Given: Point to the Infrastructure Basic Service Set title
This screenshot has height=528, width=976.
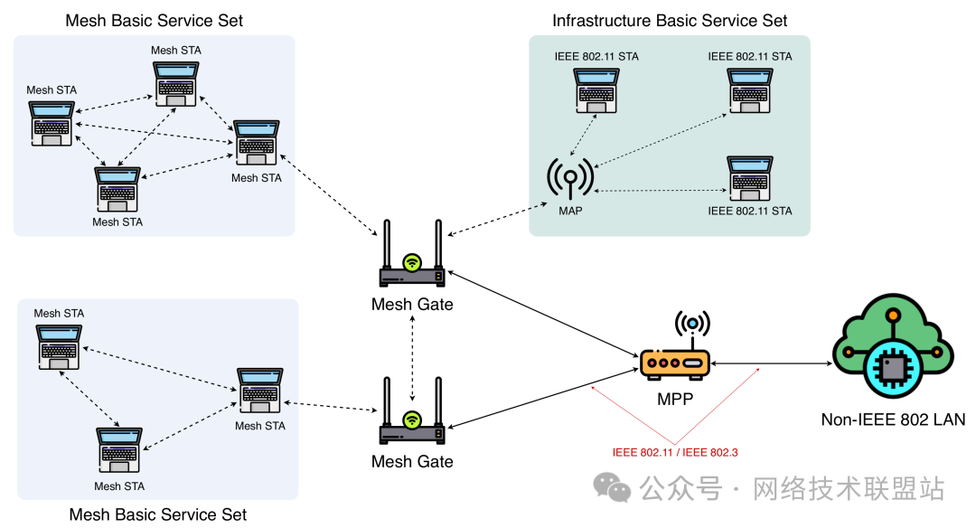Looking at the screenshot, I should coord(670,21).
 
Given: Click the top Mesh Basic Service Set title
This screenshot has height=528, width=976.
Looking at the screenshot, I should coord(155,21).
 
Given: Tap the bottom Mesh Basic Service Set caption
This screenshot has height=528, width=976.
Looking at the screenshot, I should coord(158,514).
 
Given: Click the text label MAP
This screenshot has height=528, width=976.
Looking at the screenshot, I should coord(570,211).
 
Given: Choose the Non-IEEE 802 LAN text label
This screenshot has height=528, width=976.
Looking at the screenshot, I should coord(893,419).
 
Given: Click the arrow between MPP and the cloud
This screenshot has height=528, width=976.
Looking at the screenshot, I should coord(771,363).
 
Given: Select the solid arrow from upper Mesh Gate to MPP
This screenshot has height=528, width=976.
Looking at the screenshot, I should coord(542,316).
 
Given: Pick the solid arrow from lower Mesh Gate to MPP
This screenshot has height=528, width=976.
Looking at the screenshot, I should coord(542,395).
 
